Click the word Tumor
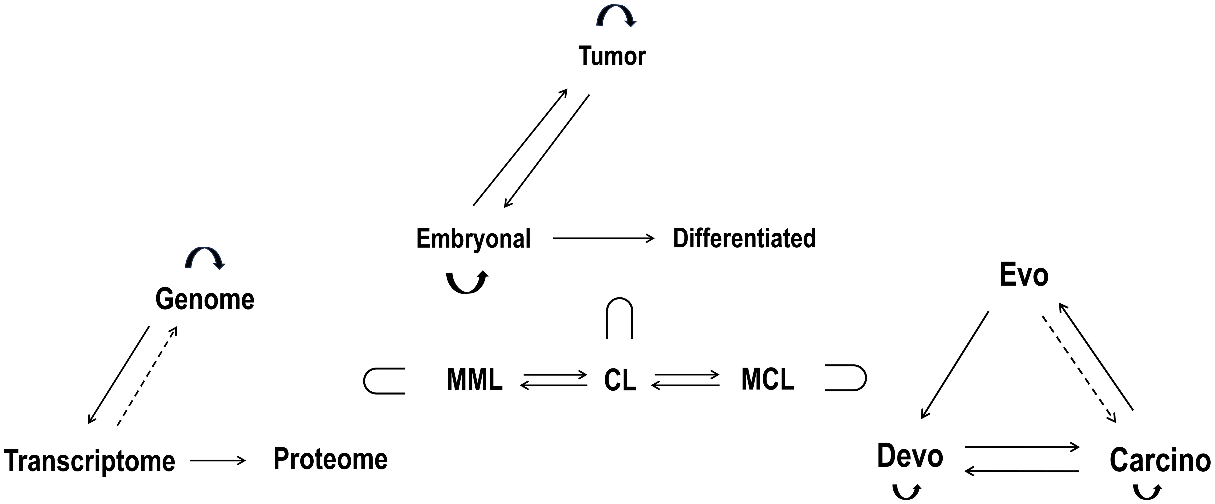click(x=612, y=57)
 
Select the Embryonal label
click(x=473, y=239)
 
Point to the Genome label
click(x=205, y=299)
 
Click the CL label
click(x=620, y=380)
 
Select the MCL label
click(x=767, y=379)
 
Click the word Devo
click(x=910, y=456)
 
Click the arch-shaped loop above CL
click(x=619, y=317)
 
